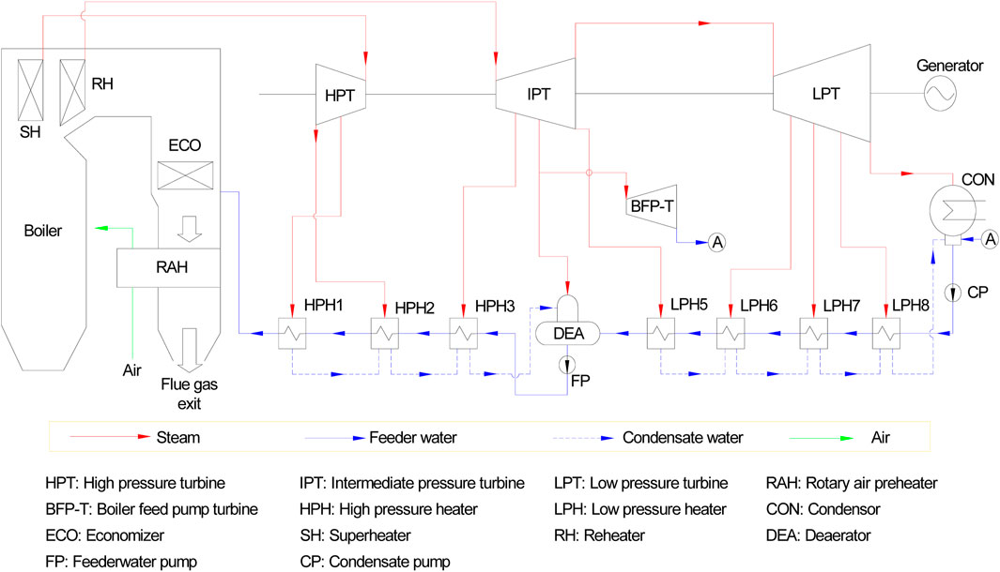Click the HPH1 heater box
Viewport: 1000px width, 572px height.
(x=293, y=333)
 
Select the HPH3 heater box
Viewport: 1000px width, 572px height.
(x=462, y=333)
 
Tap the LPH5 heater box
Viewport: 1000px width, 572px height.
(x=661, y=333)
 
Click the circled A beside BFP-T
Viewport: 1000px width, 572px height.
(x=716, y=242)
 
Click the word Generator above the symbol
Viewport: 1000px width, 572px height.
(x=943, y=67)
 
